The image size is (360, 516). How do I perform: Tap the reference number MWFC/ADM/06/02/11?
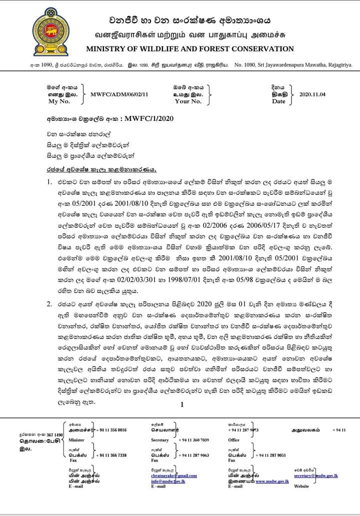pos(114,93)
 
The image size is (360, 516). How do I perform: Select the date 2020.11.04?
pos(312,93)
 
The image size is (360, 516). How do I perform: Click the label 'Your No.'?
pos(188,101)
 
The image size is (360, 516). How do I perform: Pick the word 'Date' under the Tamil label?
pos(278,101)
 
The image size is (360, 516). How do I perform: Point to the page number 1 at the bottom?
pos(182,405)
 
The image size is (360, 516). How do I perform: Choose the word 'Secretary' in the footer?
pos(160,440)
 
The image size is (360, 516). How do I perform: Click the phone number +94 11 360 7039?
pos(193,440)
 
